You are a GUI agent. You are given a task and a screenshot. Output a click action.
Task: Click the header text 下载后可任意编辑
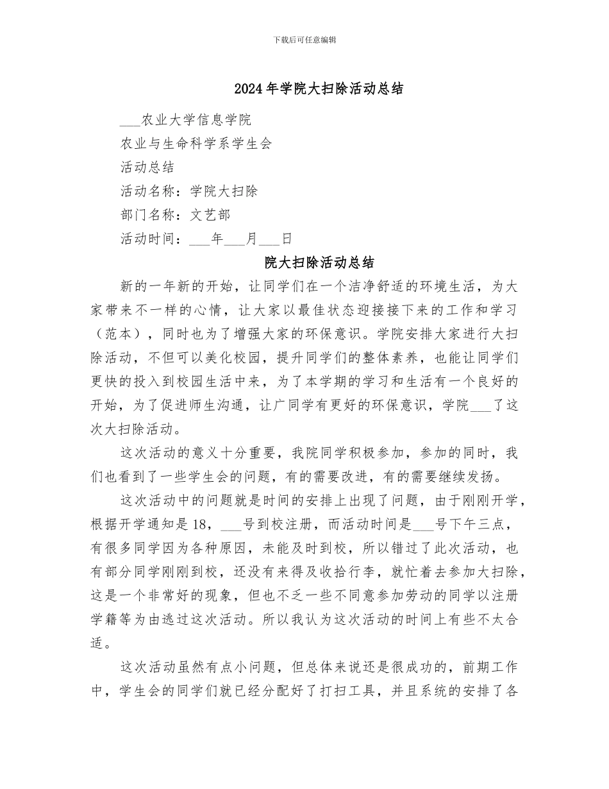tap(304, 40)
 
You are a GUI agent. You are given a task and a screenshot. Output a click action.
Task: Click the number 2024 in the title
tap(247, 89)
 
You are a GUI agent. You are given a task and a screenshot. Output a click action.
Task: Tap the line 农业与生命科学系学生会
tap(196, 144)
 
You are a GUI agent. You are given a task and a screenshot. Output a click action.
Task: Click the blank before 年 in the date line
tap(200, 239)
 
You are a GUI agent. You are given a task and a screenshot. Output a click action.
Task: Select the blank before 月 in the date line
tap(235, 239)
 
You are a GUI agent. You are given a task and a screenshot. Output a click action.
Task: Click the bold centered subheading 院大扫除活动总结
tap(319, 263)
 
